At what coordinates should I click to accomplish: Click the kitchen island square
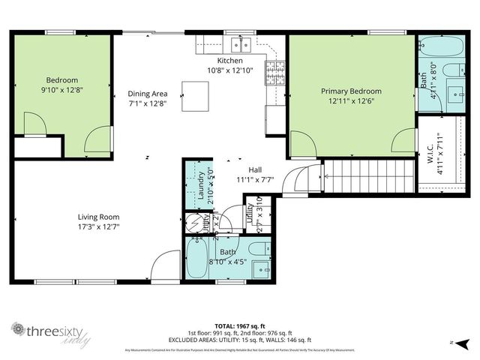point(196,96)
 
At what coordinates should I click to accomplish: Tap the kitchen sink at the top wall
point(241,43)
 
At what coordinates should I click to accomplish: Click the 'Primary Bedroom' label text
point(347,91)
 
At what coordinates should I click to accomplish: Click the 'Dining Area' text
point(147,94)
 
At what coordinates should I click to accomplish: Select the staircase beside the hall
point(367,177)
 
